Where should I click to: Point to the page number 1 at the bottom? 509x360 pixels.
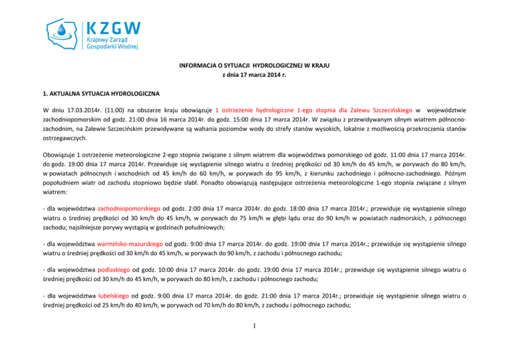click(254, 344)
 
